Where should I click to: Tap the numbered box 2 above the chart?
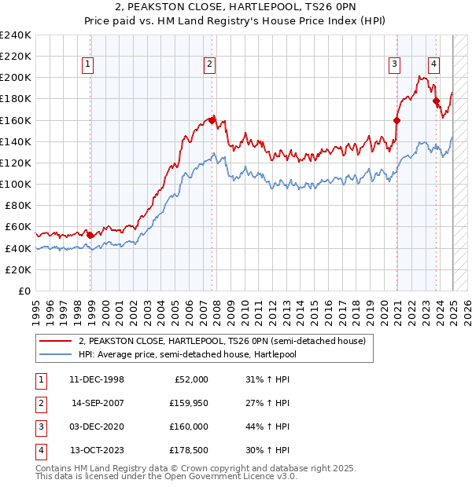[x=210, y=65]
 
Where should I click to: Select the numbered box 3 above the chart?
[x=394, y=65]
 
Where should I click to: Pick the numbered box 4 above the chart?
[x=433, y=65]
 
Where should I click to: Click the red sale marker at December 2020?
[x=396, y=120]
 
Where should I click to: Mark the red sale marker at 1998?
[x=90, y=235]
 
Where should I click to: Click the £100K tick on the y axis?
[x=16, y=184]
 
